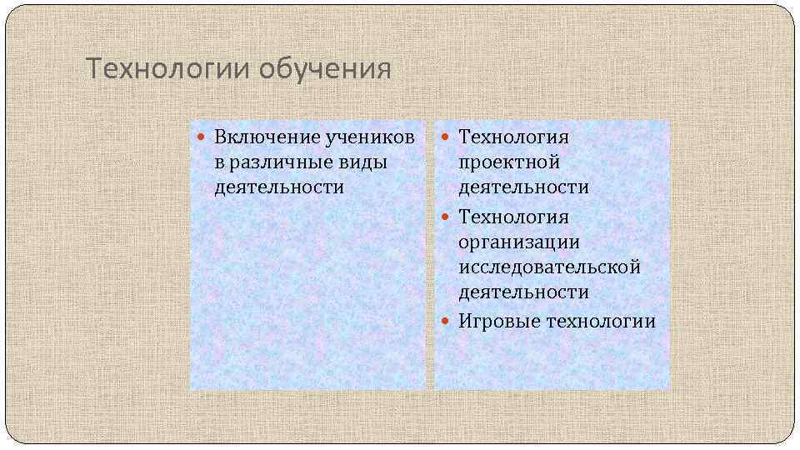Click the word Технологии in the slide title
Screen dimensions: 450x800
[x=167, y=68]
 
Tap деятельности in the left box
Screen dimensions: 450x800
[x=279, y=187]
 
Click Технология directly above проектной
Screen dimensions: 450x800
[x=513, y=136]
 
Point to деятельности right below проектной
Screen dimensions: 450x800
[x=523, y=187]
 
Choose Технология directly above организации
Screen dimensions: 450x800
[x=513, y=217]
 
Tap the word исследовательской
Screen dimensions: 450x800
[x=549, y=267]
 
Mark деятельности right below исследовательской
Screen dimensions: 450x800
[x=523, y=292]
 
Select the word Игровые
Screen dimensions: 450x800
[x=498, y=321]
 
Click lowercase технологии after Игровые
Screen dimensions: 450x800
[x=601, y=321]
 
